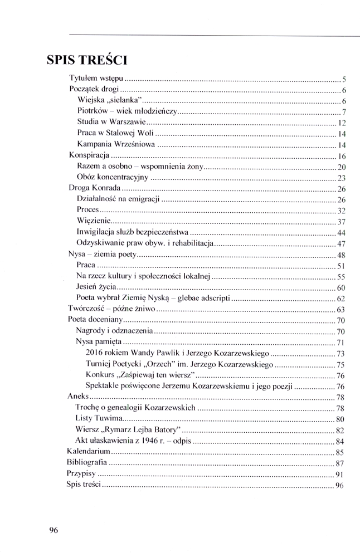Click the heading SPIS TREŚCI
point(87,59)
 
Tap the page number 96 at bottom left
point(53,530)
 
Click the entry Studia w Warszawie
point(111,122)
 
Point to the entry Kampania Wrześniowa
point(115,144)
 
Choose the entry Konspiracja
point(89,155)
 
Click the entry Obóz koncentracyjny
point(113,178)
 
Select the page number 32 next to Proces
point(342,211)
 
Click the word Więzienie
point(93,221)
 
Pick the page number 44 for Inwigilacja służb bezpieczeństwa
point(342,232)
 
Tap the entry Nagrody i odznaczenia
point(114,331)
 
